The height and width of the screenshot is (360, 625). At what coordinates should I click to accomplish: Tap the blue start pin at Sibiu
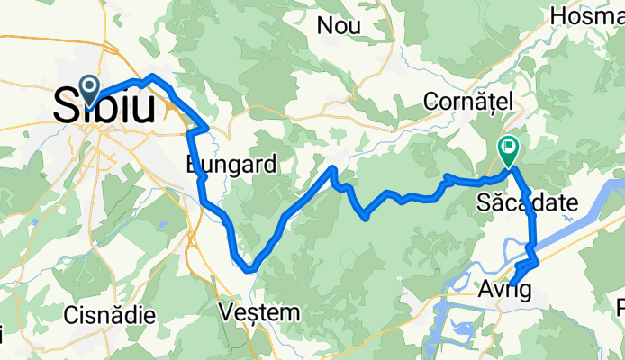click(91, 87)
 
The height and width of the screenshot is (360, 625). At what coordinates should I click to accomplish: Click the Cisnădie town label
click(110, 315)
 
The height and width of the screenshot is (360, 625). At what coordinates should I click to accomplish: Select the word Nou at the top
click(339, 26)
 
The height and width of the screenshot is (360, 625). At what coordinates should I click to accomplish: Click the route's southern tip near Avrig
click(512, 284)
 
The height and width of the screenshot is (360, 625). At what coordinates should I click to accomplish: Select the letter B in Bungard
click(195, 165)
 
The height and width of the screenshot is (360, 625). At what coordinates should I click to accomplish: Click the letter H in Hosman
click(557, 15)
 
